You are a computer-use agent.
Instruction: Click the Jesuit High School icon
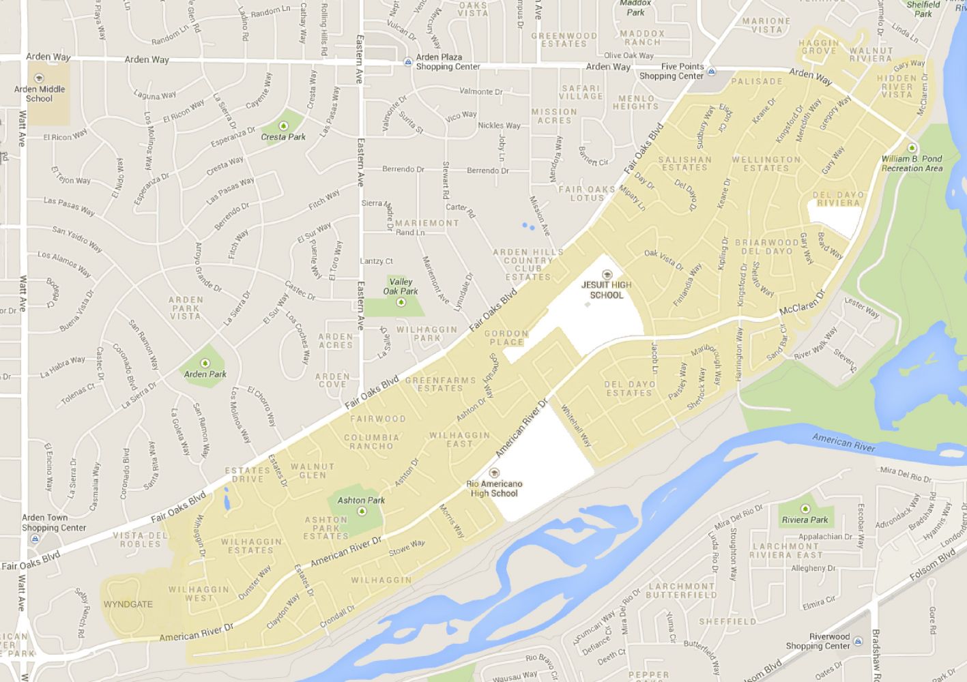[x=607, y=275]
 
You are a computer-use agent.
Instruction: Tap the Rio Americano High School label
[x=495, y=488]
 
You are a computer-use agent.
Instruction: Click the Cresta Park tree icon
[x=283, y=125]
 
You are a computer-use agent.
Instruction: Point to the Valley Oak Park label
[x=400, y=286]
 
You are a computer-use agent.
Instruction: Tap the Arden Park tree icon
[x=205, y=363]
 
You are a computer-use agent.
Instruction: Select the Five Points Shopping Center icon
[x=711, y=71]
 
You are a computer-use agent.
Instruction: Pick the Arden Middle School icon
[x=39, y=78]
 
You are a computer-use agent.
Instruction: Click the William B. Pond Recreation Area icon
[x=912, y=148]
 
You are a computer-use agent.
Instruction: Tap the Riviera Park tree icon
[x=805, y=509]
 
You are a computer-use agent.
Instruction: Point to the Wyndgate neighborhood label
[x=128, y=604]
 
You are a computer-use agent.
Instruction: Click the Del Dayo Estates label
[x=629, y=388]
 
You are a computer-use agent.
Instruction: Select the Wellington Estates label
[x=766, y=164]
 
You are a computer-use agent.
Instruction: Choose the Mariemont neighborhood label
[x=427, y=223]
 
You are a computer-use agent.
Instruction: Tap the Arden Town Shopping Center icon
[x=33, y=539]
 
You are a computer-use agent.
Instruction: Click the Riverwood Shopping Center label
[x=819, y=641]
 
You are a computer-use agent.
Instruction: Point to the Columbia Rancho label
[x=371, y=442]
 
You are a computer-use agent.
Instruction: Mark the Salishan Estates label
[x=684, y=163]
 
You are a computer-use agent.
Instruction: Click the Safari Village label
[x=581, y=92]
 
